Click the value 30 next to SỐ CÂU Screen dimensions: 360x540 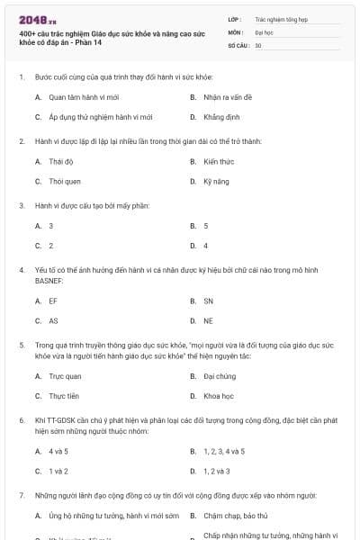[x=258, y=44]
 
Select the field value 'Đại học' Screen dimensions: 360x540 [x=264, y=31]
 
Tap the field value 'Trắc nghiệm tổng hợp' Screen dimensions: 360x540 [x=280, y=18]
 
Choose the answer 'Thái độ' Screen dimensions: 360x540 [x=60, y=161]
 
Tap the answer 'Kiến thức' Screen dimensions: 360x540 [x=219, y=161]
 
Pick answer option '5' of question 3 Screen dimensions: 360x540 [x=206, y=226]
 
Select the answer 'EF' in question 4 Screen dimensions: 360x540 [x=53, y=301]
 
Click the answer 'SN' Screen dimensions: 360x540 [x=209, y=301]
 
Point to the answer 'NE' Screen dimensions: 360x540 [x=209, y=320]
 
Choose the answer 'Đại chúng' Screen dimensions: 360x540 [x=220, y=375]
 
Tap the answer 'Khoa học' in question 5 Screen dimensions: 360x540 [x=219, y=395]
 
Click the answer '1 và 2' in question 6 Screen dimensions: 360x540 [x=58, y=471]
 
